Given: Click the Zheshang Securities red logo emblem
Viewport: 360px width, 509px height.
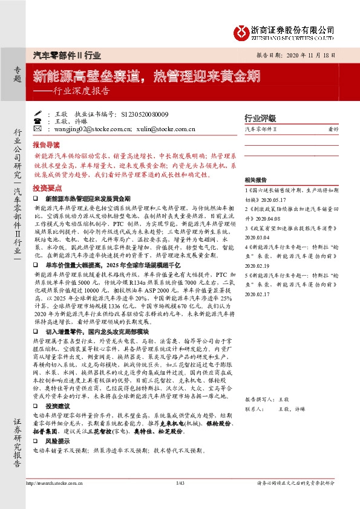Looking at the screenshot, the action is (x=241, y=30).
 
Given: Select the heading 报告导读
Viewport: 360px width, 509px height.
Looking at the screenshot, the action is (x=46, y=146).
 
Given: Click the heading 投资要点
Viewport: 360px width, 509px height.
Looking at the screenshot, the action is (x=46, y=187).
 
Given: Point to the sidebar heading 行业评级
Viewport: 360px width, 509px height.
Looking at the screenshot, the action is (x=260, y=118).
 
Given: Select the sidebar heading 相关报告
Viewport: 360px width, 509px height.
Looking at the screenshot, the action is (x=257, y=181).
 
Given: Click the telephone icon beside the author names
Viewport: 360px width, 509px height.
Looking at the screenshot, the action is (x=38, y=121).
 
